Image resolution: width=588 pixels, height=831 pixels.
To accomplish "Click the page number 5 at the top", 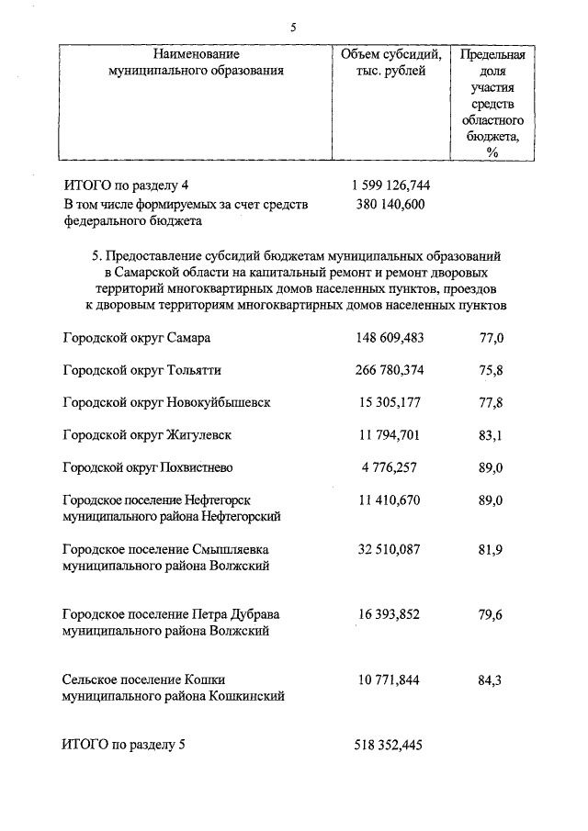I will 292,27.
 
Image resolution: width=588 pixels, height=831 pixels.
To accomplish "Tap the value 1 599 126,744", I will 390,185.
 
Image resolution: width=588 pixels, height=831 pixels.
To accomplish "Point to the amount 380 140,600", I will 390,204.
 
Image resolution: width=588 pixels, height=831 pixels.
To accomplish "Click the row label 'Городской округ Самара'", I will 137,338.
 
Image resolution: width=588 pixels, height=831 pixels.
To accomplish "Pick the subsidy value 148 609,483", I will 390,338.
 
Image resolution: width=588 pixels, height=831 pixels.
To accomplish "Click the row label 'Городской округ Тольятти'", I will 141,371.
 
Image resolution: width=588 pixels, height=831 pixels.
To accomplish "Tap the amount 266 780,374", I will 390,371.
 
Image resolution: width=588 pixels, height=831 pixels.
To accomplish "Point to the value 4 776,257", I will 390,467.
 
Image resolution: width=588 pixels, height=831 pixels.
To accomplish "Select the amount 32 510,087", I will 390,550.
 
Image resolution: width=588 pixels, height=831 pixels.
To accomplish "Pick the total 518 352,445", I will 390,745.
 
